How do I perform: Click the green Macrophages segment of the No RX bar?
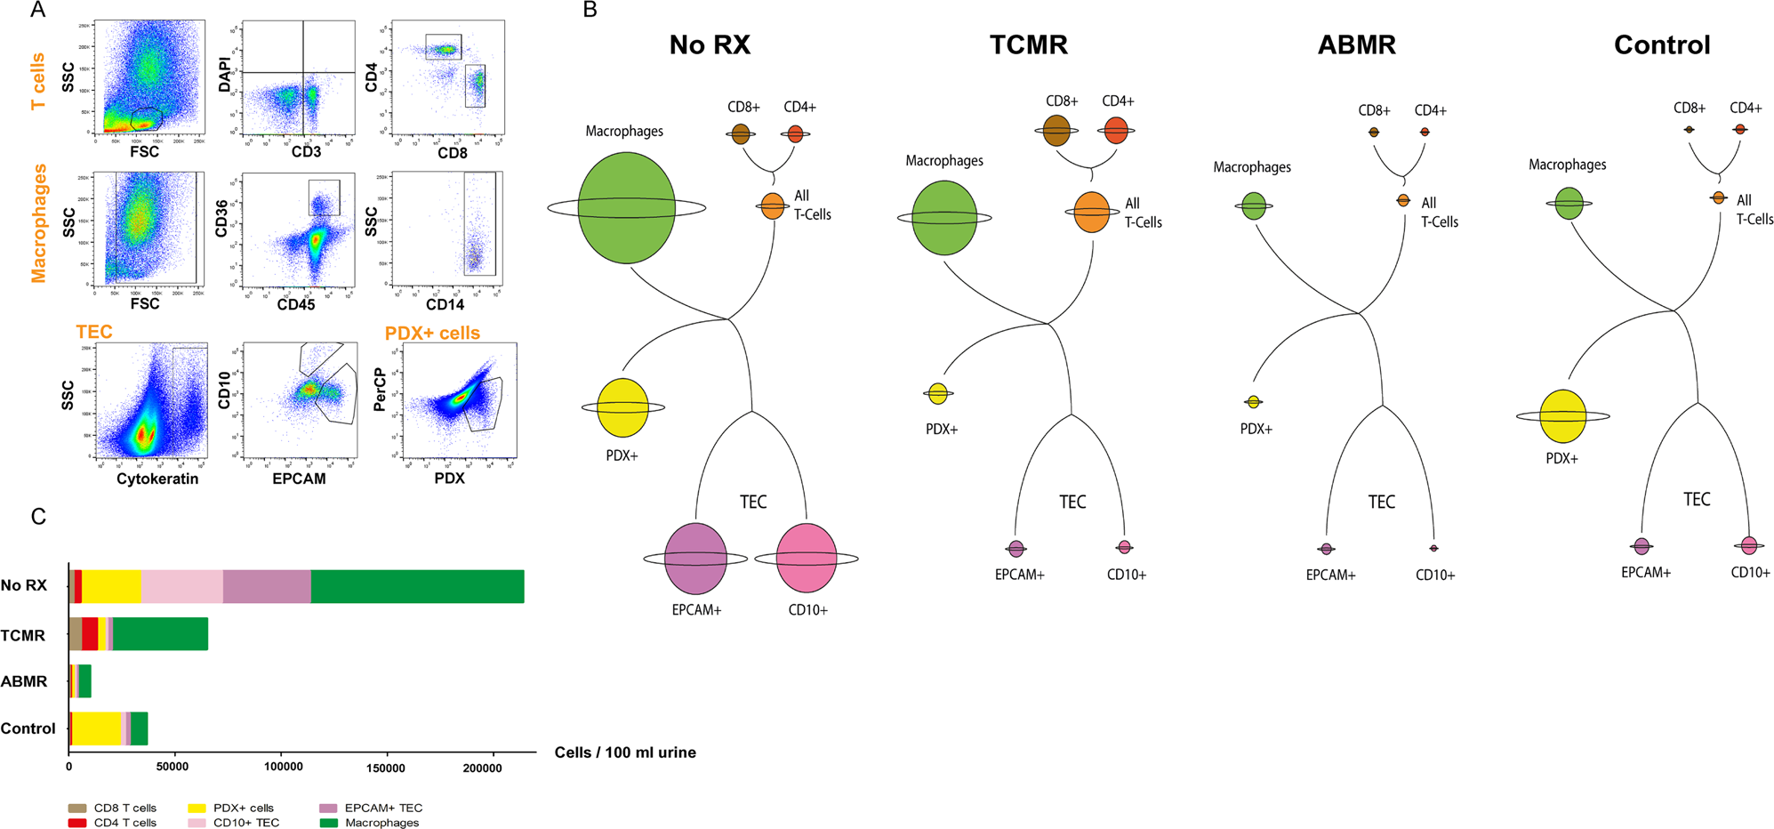(418, 586)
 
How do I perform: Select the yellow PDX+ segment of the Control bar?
(96, 728)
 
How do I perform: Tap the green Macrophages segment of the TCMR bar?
(160, 634)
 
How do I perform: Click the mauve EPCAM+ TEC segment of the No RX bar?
(267, 586)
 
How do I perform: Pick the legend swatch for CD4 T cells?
(77, 823)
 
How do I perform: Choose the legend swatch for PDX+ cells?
(197, 808)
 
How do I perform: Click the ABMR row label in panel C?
(24, 681)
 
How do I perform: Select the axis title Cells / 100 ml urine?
(625, 753)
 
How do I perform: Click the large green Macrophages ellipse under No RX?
(626, 208)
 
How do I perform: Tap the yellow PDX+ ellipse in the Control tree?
(1562, 416)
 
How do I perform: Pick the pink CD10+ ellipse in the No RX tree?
(807, 559)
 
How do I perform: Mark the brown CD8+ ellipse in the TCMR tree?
(1056, 130)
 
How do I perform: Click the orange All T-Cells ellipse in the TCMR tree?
(1091, 213)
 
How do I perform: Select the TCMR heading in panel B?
(1028, 44)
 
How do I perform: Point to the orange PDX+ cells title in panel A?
(432, 333)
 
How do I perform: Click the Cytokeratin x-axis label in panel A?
(157, 479)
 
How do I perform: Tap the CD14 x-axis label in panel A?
(445, 304)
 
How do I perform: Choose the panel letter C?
(38, 517)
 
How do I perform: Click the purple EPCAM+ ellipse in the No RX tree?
(695, 559)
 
